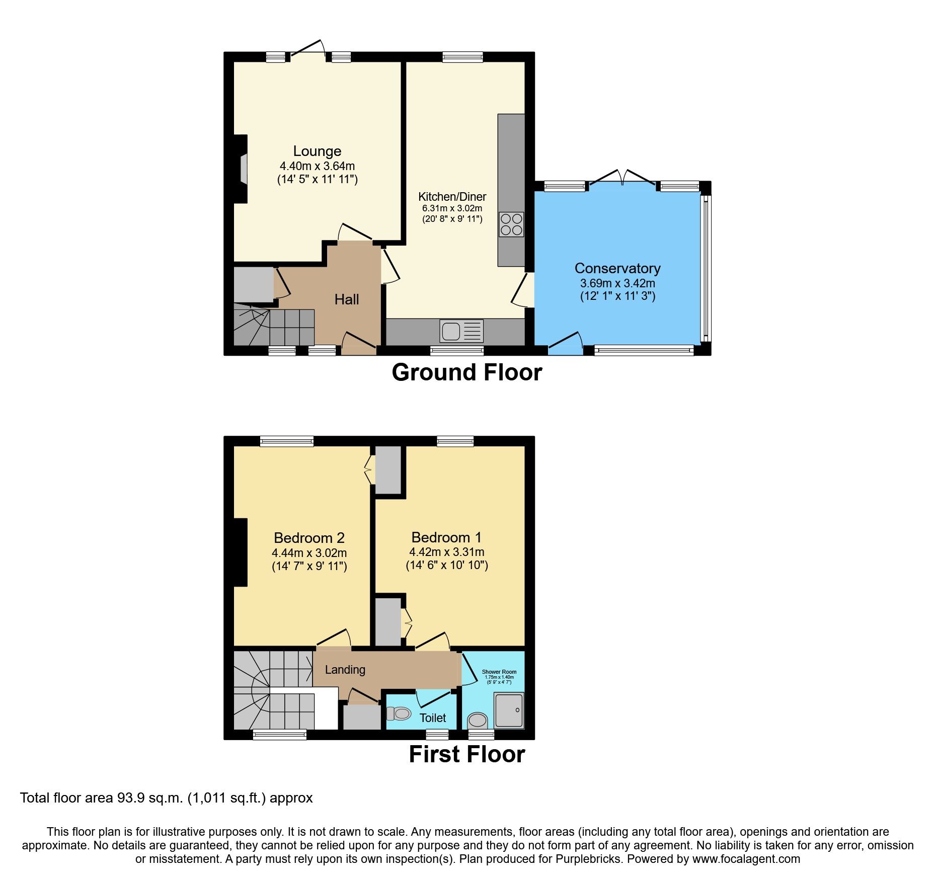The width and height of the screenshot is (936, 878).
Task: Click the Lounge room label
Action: tap(317, 151)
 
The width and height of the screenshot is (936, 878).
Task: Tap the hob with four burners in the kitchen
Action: tap(511, 224)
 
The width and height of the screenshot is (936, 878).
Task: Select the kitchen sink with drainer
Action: tap(461, 331)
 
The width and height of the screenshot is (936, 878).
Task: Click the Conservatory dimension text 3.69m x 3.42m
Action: tap(617, 283)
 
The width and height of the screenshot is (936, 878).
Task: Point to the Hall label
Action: tap(347, 299)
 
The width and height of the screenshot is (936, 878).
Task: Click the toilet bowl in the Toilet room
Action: tap(399, 713)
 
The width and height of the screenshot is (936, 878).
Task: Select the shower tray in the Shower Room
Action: tap(509, 710)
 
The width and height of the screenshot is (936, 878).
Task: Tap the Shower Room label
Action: tap(499, 672)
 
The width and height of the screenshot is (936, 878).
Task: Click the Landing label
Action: tap(345, 670)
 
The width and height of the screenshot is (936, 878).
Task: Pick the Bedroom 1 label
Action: tap(446, 537)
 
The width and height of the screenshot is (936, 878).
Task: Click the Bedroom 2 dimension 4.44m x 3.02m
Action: tap(309, 552)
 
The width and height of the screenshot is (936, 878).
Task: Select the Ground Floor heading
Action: tap(466, 373)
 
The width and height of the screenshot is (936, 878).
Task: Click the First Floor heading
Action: tap(466, 754)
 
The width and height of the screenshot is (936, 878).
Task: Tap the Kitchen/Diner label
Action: tap(452, 197)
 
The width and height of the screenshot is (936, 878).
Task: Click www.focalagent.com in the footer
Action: tap(746, 859)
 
